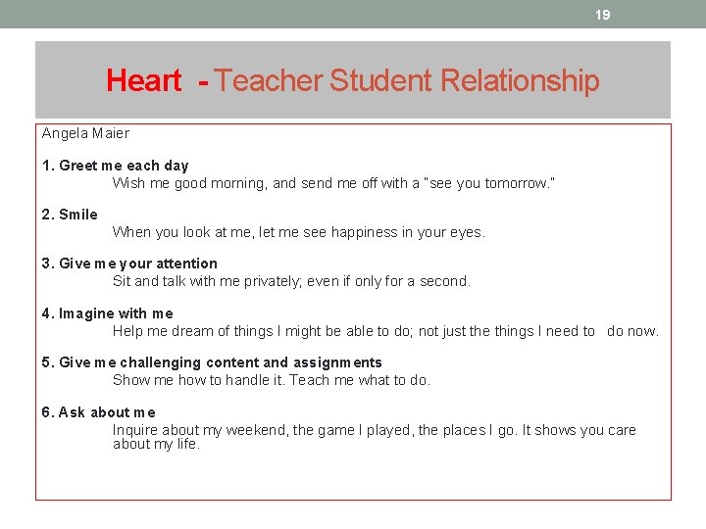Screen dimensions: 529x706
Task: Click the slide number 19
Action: [603, 15]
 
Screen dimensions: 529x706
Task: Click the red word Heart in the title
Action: [143, 80]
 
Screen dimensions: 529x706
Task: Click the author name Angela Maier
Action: [85, 133]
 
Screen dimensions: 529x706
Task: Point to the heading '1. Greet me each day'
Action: [115, 166]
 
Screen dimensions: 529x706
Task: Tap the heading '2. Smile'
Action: [70, 215]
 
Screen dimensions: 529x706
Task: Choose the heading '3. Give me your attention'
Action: [129, 264]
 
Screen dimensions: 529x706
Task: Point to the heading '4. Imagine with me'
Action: [107, 313]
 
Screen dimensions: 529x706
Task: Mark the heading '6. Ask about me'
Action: [98, 412]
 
